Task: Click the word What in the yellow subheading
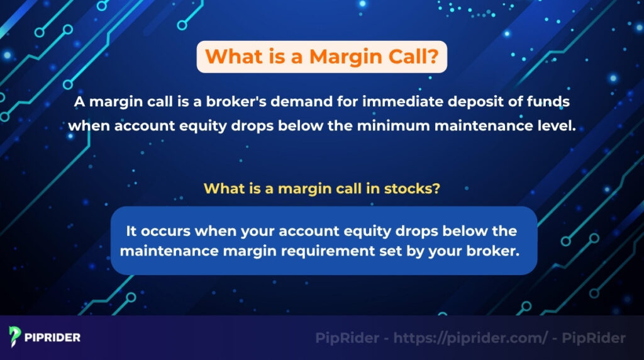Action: (x=221, y=188)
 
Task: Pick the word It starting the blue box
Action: (x=132, y=231)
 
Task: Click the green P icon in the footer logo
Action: (x=14, y=337)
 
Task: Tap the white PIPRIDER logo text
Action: (x=53, y=337)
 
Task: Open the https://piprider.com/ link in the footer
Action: (x=470, y=338)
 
